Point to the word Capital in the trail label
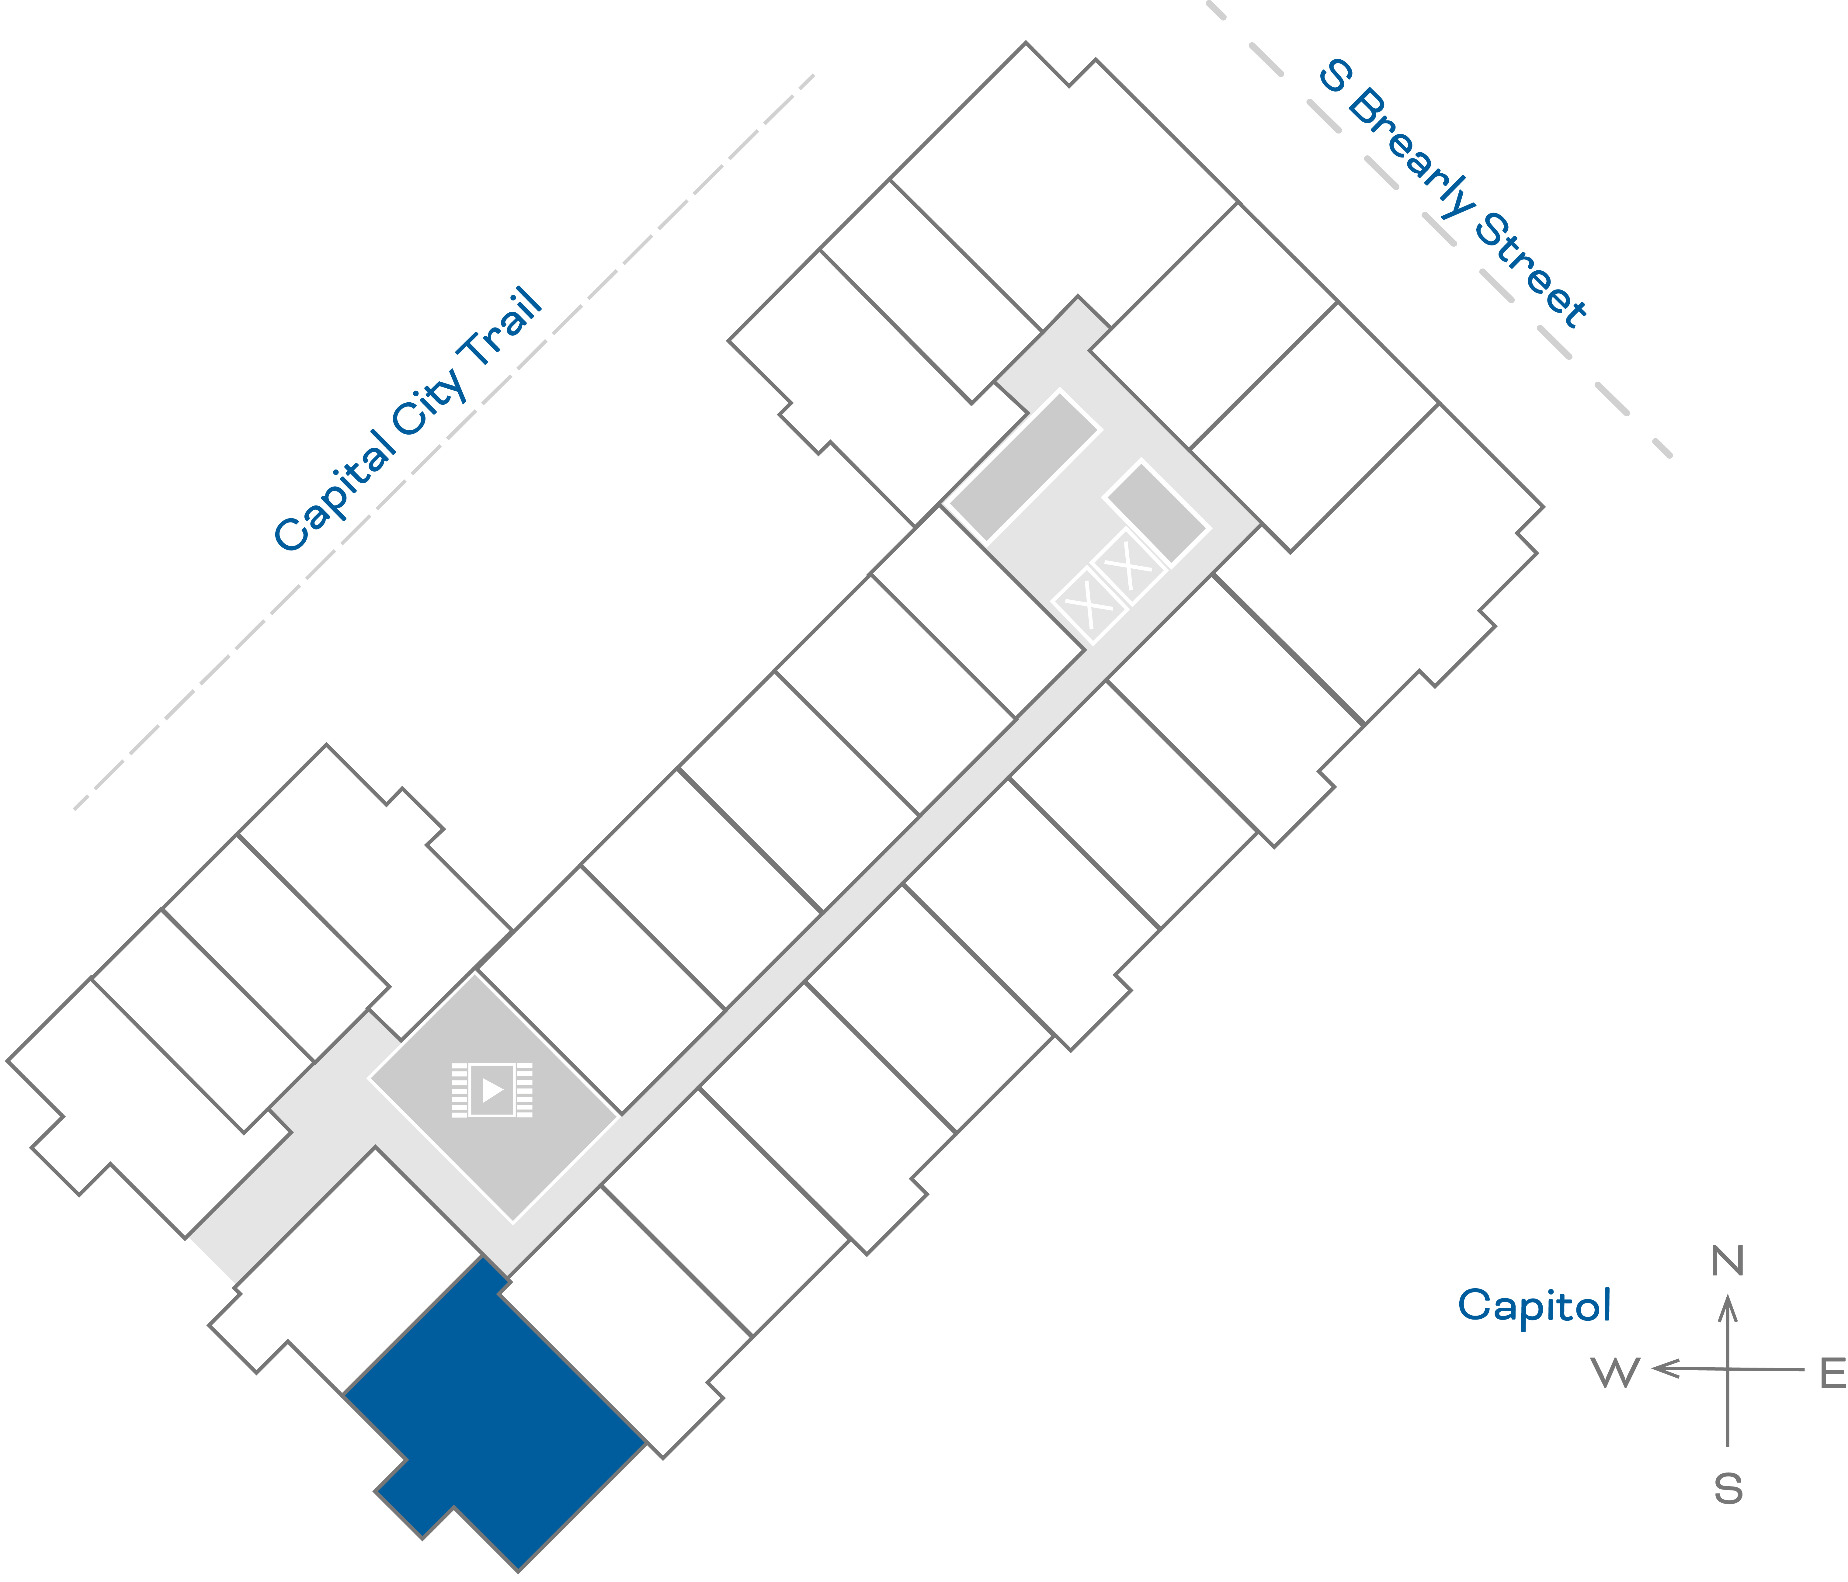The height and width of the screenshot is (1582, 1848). coord(335,491)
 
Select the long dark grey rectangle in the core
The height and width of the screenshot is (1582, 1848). coord(1023,466)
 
